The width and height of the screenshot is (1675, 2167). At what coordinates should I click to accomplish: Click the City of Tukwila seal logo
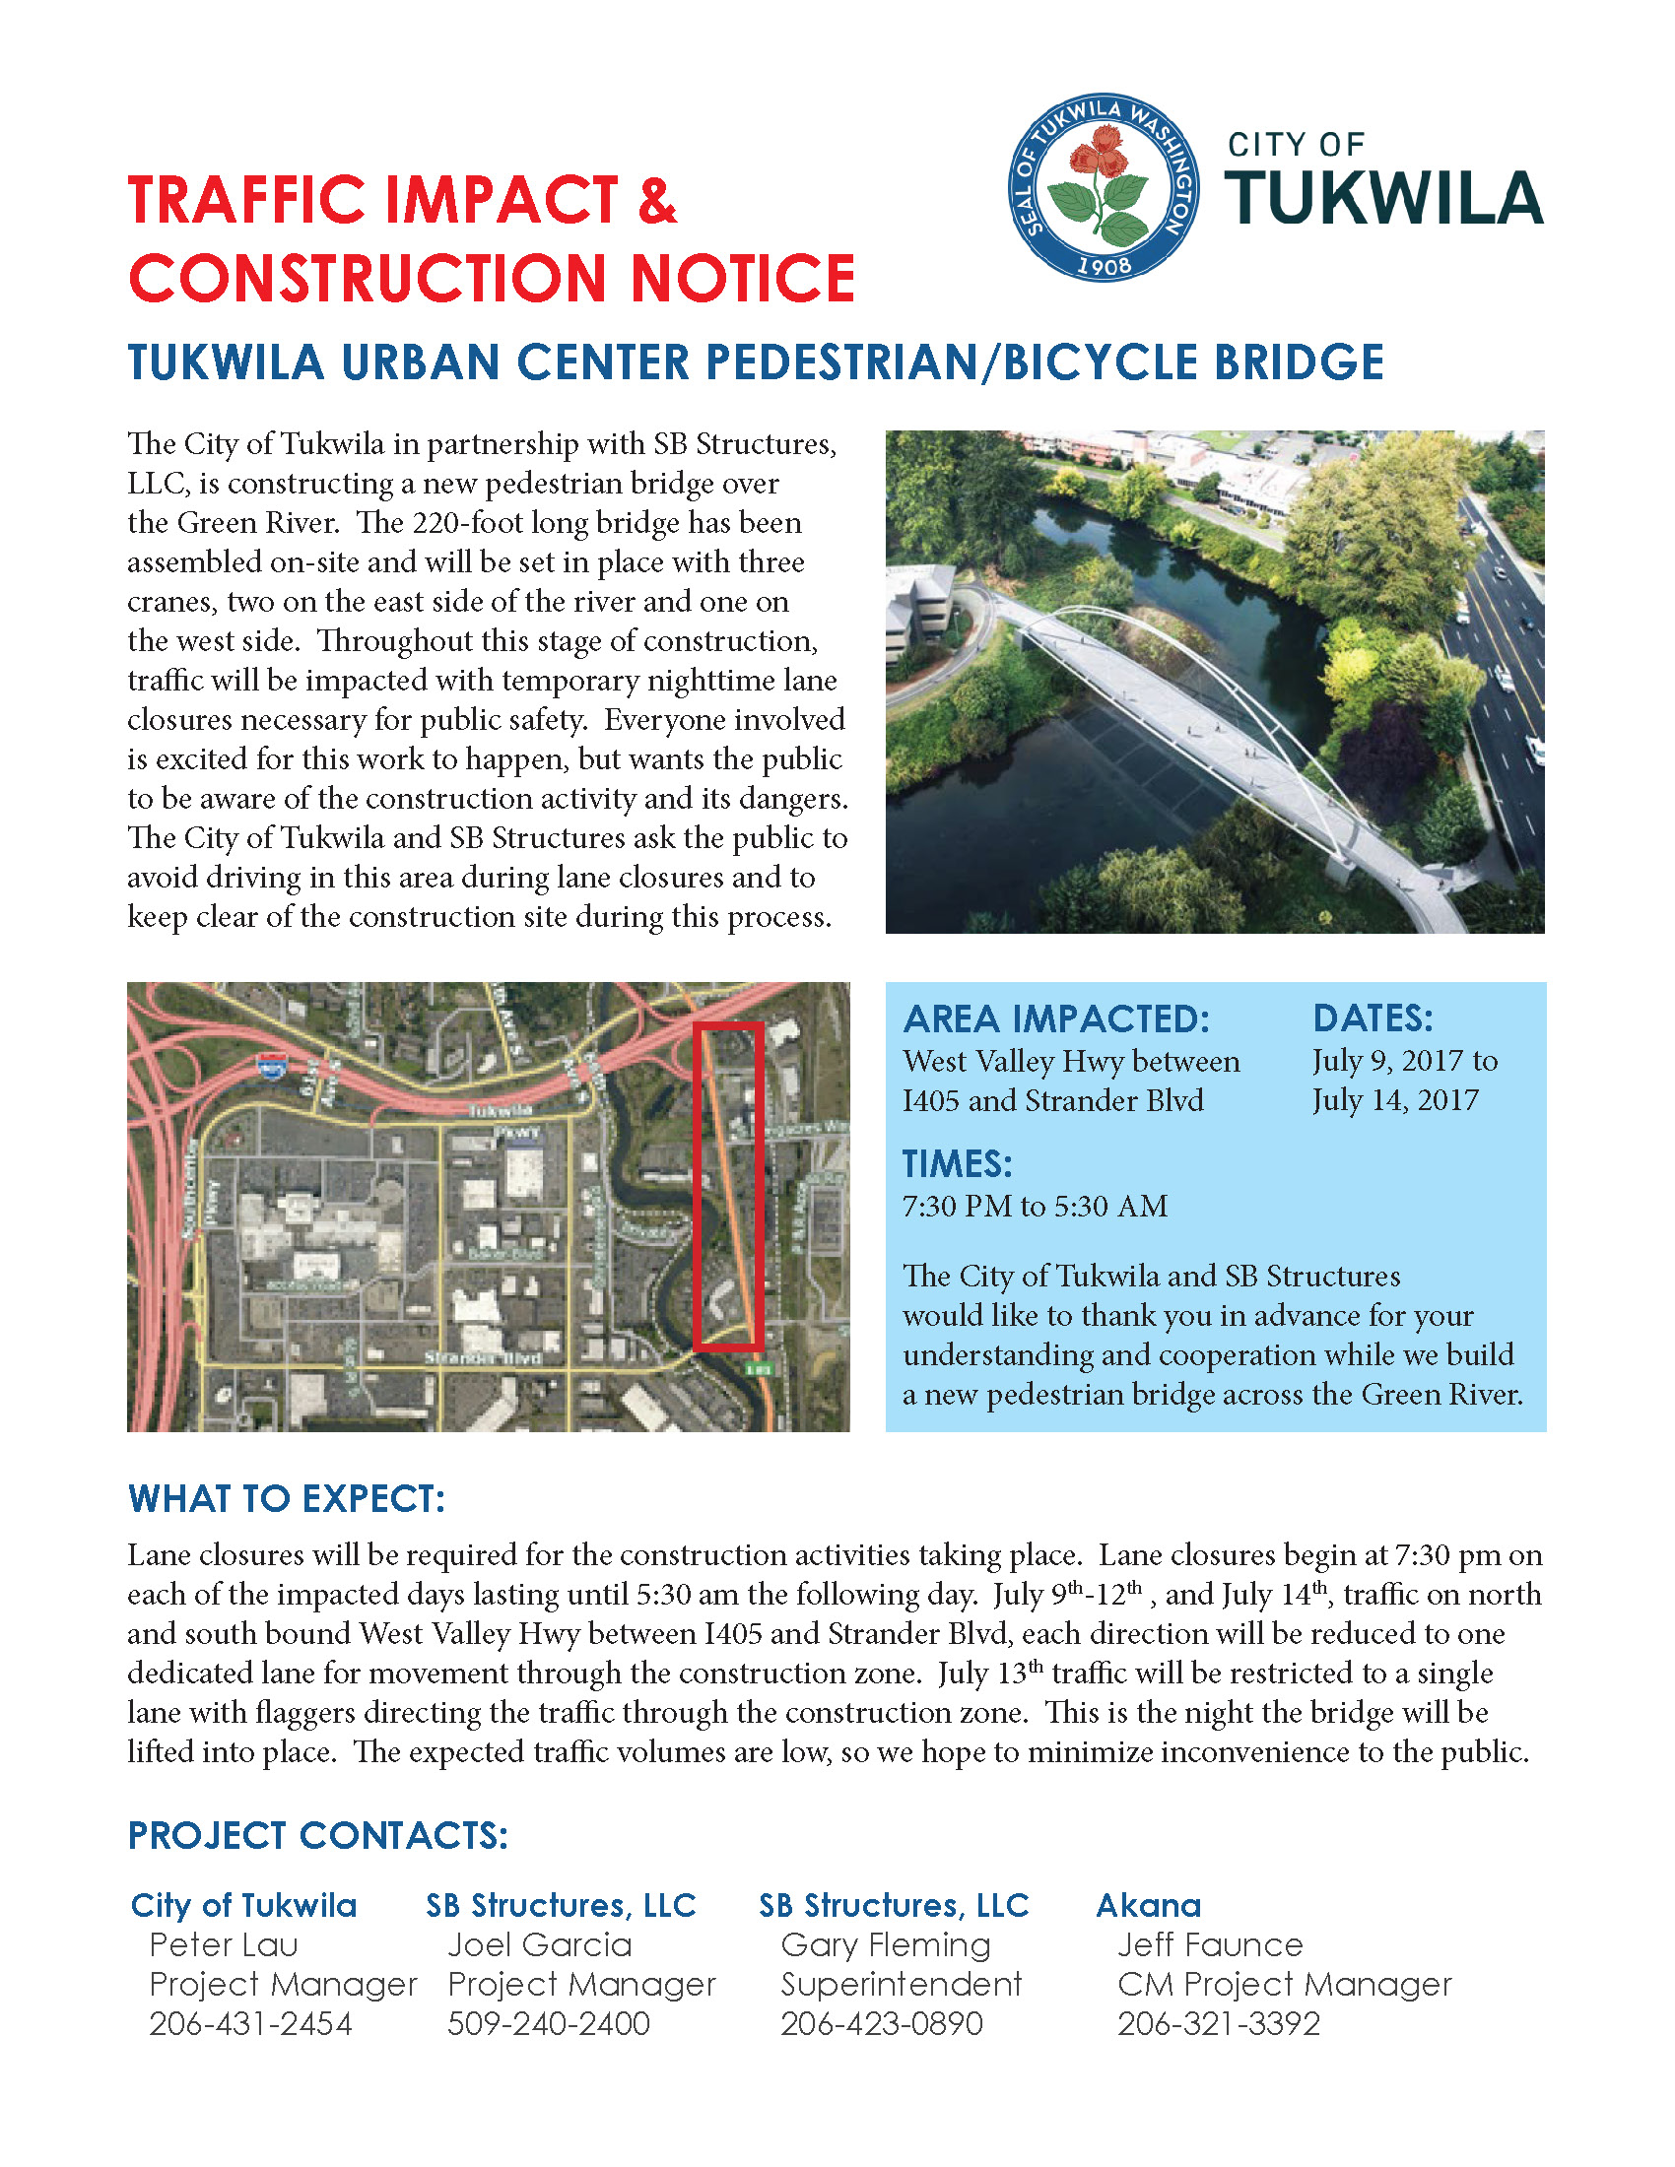(1103, 188)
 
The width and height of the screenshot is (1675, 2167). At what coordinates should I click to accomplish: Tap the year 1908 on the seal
(1104, 266)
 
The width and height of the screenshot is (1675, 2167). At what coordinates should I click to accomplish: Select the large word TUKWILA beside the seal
(1383, 198)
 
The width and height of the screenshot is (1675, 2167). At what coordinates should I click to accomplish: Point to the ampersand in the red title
(657, 199)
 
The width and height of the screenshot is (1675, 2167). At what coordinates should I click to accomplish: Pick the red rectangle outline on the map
(727, 1186)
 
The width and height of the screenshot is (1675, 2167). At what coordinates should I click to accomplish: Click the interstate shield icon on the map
(270, 1068)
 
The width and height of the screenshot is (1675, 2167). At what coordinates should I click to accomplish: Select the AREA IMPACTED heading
(1056, 1019)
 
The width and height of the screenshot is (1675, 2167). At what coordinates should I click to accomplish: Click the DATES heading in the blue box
(1373, 1019)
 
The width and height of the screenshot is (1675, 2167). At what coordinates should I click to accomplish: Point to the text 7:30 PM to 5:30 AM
(1034, 1207)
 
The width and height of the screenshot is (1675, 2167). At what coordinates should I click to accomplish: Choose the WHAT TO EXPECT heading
(286, 1498)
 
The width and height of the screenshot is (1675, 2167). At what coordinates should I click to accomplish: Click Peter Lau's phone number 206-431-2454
(250, 2023)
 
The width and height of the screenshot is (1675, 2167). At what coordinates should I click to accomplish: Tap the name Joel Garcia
(539, 1944)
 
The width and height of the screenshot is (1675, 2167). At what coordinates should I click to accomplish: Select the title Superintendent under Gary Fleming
(900, 1985)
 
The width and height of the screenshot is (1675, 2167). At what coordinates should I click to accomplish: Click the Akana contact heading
(1148, 1905)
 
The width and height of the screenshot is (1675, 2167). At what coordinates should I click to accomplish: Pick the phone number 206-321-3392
(1219, 2023)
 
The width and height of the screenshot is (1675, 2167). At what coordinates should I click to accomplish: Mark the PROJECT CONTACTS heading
(317, 1836)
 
